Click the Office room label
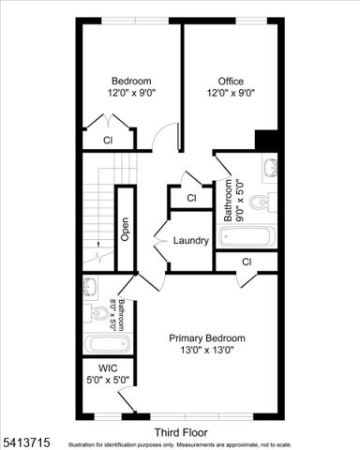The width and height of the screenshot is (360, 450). (231, 81)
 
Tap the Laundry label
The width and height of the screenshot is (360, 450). (190, 241)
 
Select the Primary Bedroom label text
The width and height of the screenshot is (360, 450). (206, 337)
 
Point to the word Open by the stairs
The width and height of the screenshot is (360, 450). (125, 231)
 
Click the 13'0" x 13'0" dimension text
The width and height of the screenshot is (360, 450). (206, 351)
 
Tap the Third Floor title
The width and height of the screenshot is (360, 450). (181, 432)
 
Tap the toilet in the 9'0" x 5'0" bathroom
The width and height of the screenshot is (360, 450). (269, 200)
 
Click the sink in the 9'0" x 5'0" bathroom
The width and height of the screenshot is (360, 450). (270, 168)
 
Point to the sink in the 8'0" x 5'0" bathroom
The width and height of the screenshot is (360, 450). (90, 285)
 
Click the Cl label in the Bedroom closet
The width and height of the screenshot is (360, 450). (108, 141)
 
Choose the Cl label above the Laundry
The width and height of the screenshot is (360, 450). (190, 198)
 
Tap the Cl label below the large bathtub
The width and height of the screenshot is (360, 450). (246, 262)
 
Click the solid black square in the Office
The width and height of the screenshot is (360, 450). (269, 139)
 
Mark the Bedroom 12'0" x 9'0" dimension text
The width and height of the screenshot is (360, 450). (131, 93)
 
